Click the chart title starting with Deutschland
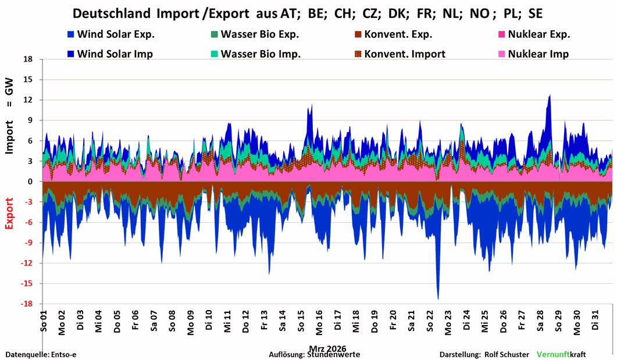(x=308, y=13)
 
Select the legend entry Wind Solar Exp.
(x=110, y=34)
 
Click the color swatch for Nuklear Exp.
(x=502, y=34)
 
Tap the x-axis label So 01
(x=44, y=322)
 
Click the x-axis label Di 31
(x=595, y=322)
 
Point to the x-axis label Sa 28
(x=540, y=322)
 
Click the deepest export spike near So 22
(x=438, y=298)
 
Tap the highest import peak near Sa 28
(x=549, y=95)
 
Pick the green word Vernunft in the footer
(x=553, y=354)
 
